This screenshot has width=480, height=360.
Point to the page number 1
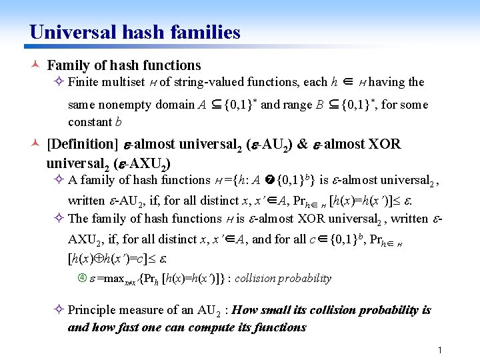pos(440,350)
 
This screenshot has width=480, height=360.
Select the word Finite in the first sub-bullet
pos(83,83)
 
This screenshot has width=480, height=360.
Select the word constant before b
pos(90,122)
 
